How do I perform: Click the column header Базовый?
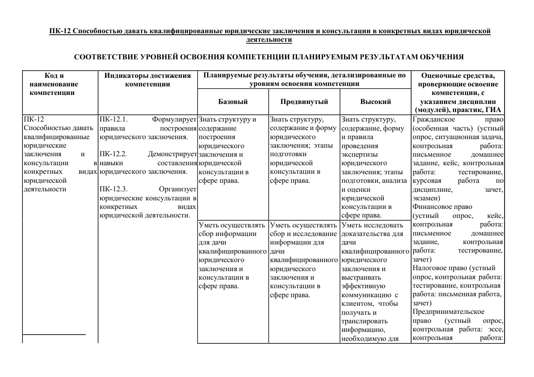click(x=233, y=102)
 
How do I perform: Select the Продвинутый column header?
click(x=304, y=102)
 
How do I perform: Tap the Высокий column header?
click(x=375, y=102)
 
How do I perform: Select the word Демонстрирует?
click(x=172, y=154)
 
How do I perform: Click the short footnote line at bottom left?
click(x=54, y=335)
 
